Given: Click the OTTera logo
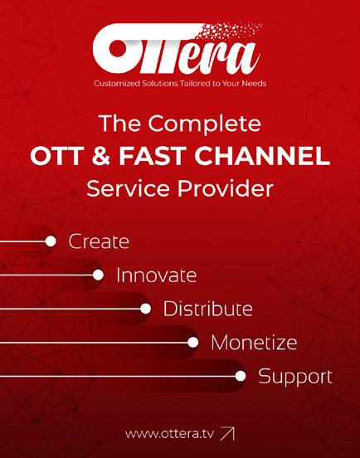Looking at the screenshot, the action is [x=177, y=48].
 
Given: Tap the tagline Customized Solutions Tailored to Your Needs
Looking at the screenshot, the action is [x=180, y=84].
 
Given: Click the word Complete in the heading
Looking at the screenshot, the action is [x=204, y=124].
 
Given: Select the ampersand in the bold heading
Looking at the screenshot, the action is [x=100, y=156].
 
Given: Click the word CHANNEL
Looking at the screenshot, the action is [x=262, y=156].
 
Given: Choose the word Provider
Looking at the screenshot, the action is [x=226, y=188].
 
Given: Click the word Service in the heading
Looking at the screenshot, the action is [x=128, y=188].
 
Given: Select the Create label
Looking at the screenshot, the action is [x=99, y=241].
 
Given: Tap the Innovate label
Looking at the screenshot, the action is [x=156, y=275].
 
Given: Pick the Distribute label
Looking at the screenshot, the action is [x=207, y=309].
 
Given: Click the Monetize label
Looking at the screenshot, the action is [x=254, y=343].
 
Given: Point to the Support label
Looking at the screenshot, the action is [x=295, y=377].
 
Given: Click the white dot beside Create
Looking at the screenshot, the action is [x=51, y=241].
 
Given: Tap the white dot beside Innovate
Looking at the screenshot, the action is [x=98, y=275].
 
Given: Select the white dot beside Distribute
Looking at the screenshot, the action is [x=145, y=309].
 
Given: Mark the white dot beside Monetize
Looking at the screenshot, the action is [x=193, y=343].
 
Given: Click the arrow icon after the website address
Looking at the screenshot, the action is [x=227, y=433].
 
